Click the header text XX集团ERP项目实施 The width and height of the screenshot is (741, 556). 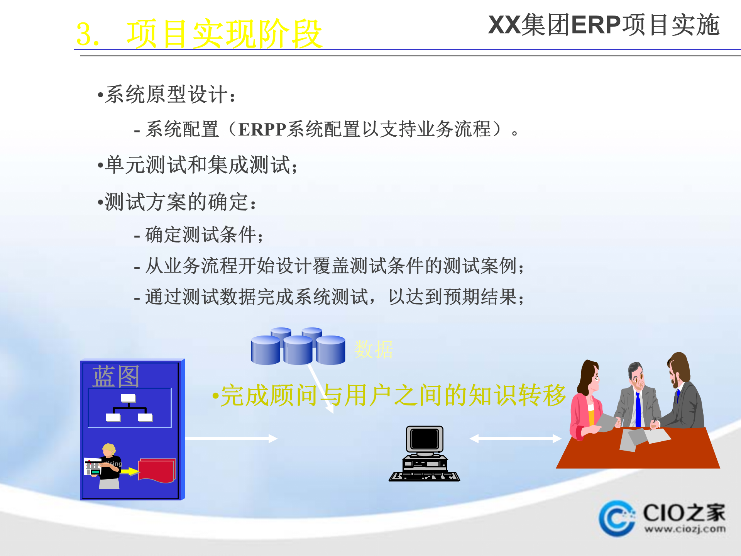604,25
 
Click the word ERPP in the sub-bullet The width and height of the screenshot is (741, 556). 262,130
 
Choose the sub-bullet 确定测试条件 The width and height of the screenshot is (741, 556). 201,235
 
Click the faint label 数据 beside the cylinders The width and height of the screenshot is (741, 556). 373,350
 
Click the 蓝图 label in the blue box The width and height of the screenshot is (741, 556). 115,376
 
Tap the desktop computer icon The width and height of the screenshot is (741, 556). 425,454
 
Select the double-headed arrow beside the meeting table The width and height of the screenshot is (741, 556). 515,439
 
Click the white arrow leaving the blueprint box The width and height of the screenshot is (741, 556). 232,439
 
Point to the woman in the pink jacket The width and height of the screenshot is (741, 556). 587,402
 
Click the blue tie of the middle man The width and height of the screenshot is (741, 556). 638,409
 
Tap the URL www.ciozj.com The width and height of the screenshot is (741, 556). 685,529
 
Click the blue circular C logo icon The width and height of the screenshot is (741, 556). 617,518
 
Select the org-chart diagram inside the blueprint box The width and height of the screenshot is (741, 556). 129,408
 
